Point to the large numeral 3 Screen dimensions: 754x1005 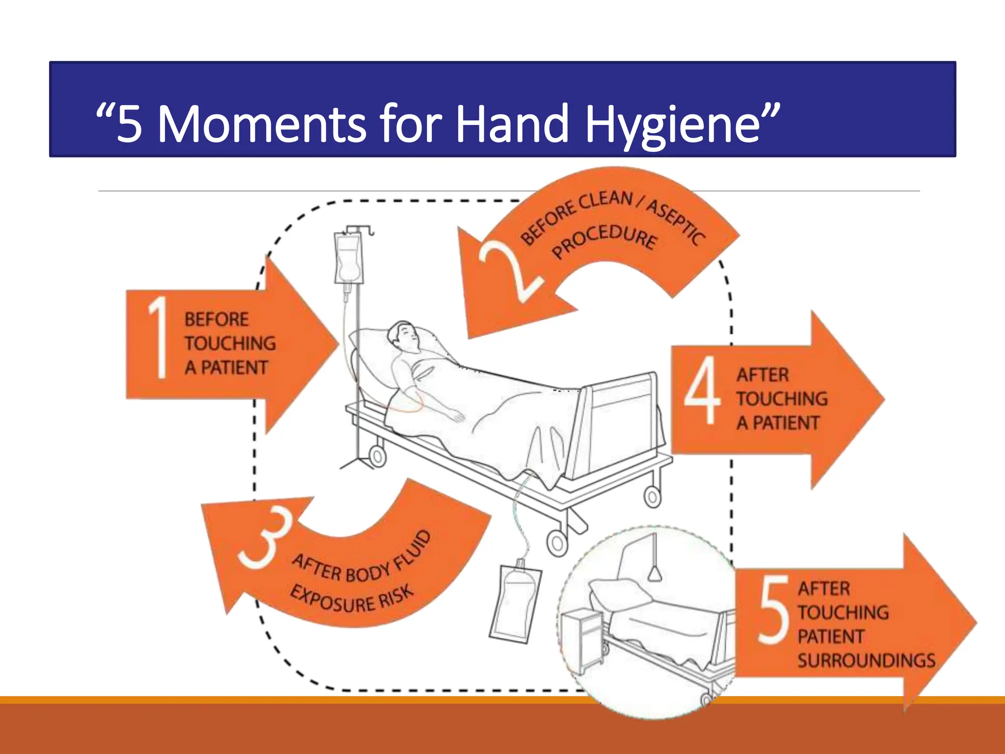(265, 538)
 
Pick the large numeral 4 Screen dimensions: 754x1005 (703, 390)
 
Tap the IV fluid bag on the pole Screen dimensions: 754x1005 (348, 258)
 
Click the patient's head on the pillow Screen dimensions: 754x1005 (403, 336)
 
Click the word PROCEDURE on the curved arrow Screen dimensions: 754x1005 (604, 241)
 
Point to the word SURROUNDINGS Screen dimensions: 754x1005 (866, 660)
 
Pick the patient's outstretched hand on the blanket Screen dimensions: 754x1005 (456, 416)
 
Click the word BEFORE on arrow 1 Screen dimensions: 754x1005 (216, 320)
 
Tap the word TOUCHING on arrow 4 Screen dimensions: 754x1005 (782, 399)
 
